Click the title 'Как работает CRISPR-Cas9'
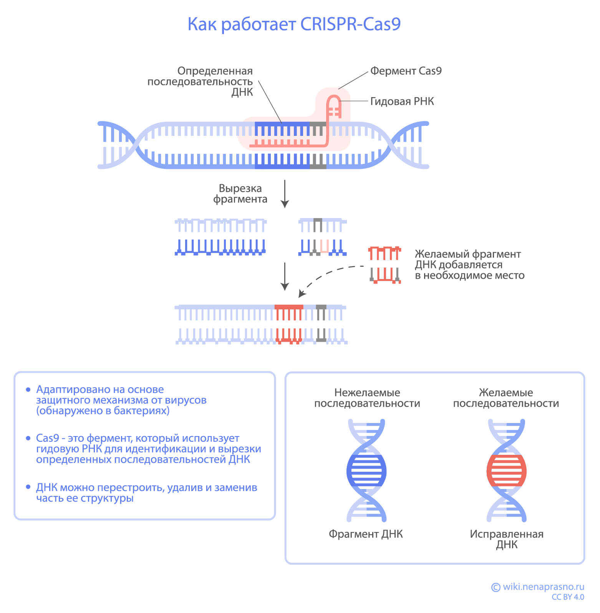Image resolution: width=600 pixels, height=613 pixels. [294, 24]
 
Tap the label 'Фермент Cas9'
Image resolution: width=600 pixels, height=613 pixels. [406, 71]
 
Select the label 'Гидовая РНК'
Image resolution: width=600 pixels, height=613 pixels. [402, 101]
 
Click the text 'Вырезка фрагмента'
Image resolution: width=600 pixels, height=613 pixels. [240, 193]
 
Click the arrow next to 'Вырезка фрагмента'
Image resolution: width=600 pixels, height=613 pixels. [285, 193]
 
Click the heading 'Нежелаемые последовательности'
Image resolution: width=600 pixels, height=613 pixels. [367, 398]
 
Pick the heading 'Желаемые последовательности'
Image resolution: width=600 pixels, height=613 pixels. [506, 398]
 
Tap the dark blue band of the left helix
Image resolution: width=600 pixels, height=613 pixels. [366, 471]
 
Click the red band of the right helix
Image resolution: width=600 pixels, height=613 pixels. [506, 471]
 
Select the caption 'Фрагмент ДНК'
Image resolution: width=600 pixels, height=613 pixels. [365, 534]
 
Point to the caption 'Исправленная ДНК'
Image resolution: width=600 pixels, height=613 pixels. [506, 539]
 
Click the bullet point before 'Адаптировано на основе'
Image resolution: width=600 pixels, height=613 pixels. [28, 390]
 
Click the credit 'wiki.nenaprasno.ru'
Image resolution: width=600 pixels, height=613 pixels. [543, 587]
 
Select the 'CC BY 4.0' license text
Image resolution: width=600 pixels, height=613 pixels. [567, 597]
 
